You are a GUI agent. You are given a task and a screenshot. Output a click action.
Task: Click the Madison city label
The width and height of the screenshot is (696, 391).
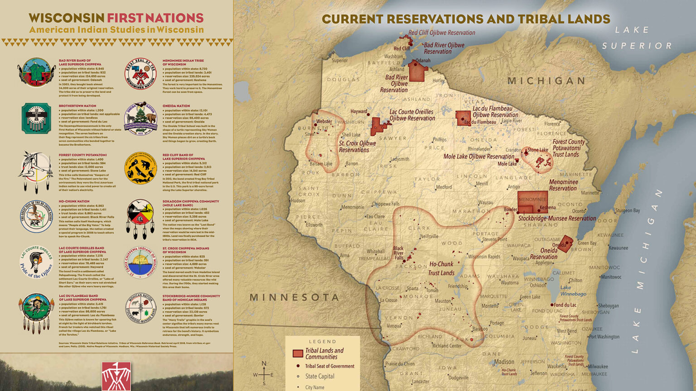(504, 362)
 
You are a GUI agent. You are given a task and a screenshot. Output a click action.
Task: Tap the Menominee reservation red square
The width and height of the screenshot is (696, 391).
(532, 202)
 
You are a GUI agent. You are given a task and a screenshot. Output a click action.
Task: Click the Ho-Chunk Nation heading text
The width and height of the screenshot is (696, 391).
(74, 201)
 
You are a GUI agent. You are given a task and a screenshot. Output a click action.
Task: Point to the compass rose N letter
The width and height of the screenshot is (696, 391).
(264, 364)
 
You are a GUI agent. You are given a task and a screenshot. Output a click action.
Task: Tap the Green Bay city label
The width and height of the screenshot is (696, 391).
(587, 243)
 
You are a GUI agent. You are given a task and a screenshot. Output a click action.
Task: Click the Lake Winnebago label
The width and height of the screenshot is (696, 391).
(573, 291)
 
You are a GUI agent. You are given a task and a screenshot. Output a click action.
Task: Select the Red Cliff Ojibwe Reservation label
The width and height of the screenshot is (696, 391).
(441, 33)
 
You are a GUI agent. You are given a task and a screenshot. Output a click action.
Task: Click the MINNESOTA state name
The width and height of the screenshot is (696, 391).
(295, 297)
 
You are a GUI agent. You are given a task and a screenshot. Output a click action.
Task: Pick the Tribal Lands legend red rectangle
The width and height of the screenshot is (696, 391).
(298, 353)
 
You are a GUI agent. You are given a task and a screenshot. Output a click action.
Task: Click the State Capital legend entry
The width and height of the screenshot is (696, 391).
(319, 376)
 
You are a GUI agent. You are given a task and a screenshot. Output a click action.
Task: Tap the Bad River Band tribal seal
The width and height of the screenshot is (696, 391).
(36, 72)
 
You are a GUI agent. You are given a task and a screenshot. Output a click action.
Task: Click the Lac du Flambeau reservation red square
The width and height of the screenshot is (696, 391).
(463, 118)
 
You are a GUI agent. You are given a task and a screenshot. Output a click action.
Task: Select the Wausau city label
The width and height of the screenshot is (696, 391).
(486, 202)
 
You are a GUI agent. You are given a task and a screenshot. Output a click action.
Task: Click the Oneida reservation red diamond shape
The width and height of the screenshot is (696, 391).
(565, 243)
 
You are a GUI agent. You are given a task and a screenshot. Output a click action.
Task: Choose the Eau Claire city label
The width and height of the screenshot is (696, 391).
(375, 216)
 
